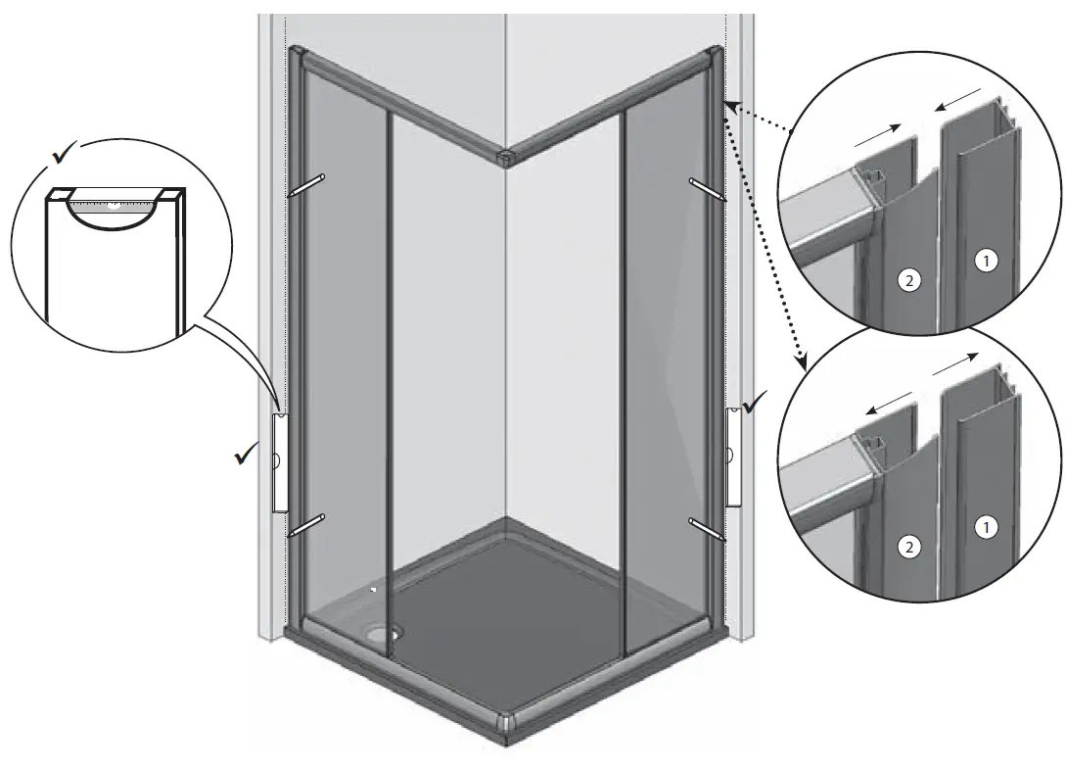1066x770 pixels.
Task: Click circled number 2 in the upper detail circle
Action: [910, 281]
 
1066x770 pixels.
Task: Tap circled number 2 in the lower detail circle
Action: [910, 548]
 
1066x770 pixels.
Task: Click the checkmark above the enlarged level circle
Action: [65, 155]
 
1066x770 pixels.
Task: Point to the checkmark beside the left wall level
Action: [245, 455]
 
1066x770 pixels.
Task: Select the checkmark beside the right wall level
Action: [756, 402]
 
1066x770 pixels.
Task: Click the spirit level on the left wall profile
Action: [279, 461]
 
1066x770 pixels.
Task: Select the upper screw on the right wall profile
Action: [707, 188]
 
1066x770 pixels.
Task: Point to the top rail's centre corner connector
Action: [506, 156]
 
